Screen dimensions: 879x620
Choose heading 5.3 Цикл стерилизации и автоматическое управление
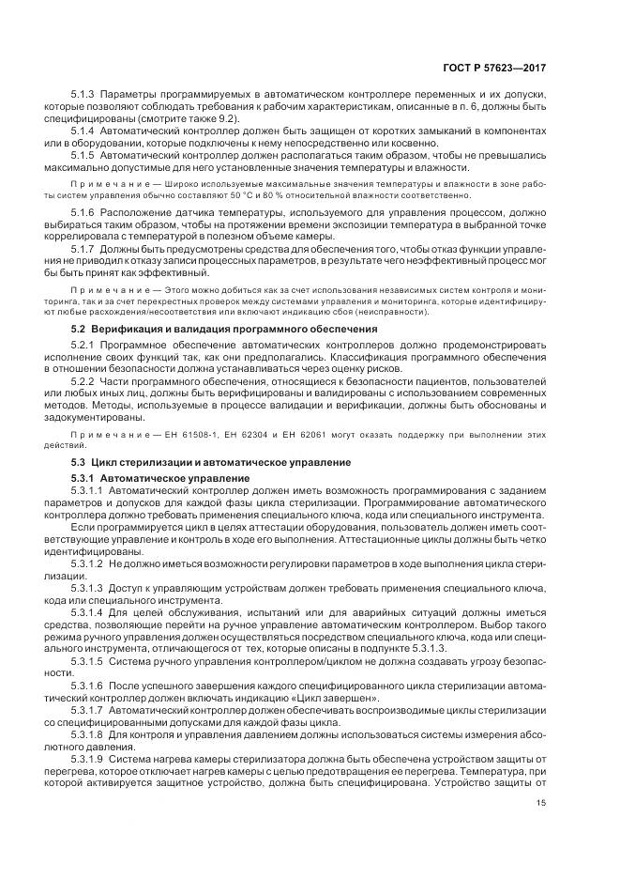point(211,462)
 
